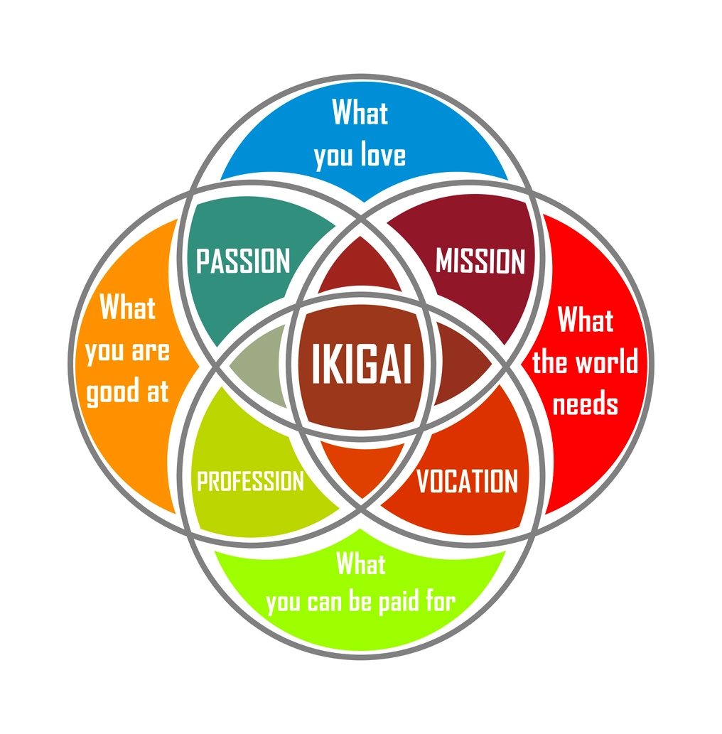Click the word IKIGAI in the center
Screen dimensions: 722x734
361,364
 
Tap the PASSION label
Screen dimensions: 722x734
243,261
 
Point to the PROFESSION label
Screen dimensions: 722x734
251,481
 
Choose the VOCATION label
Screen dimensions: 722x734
468,481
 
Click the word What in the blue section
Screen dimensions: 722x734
360,112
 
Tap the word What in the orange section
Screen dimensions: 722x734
127,307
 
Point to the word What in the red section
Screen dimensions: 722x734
586,320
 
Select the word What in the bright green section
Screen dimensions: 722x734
361,563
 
